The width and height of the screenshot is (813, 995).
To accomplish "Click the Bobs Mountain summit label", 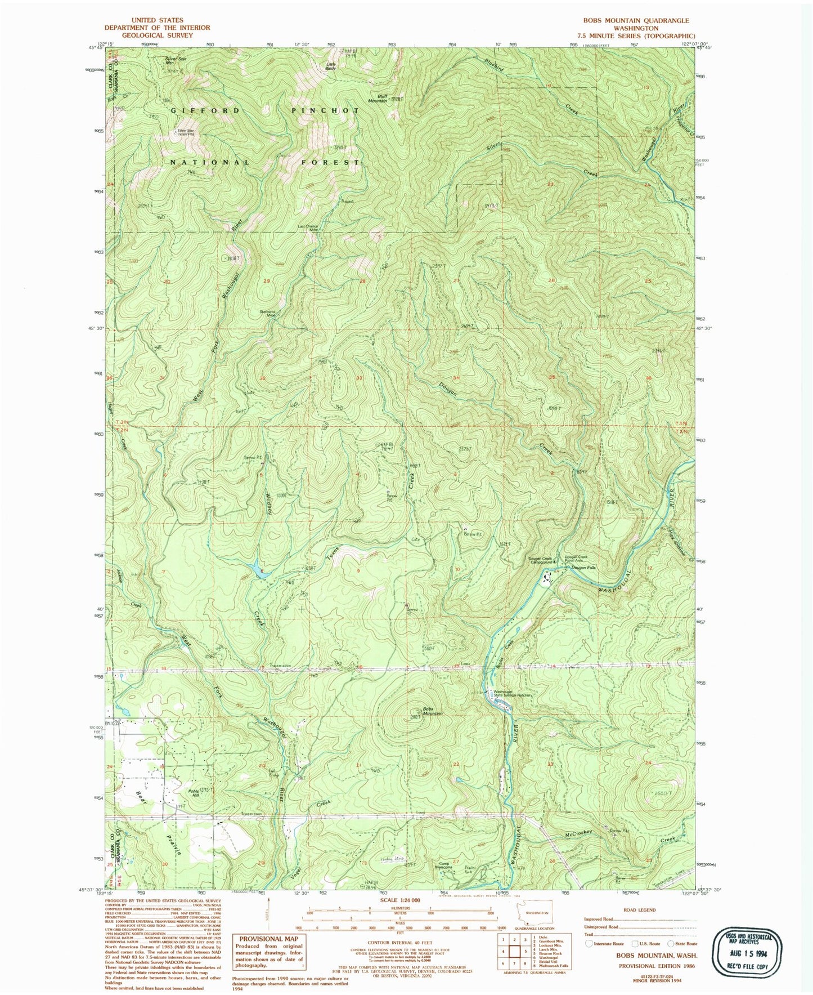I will pyautogui.click(x=429, y=711).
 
